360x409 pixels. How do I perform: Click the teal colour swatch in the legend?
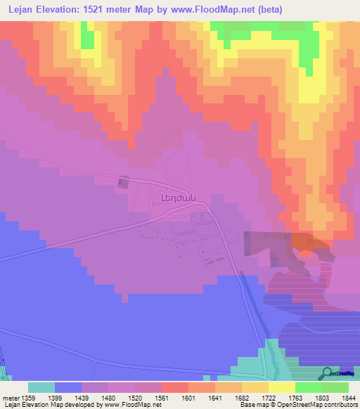[41, 387]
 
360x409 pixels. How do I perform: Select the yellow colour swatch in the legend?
[282, 387]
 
